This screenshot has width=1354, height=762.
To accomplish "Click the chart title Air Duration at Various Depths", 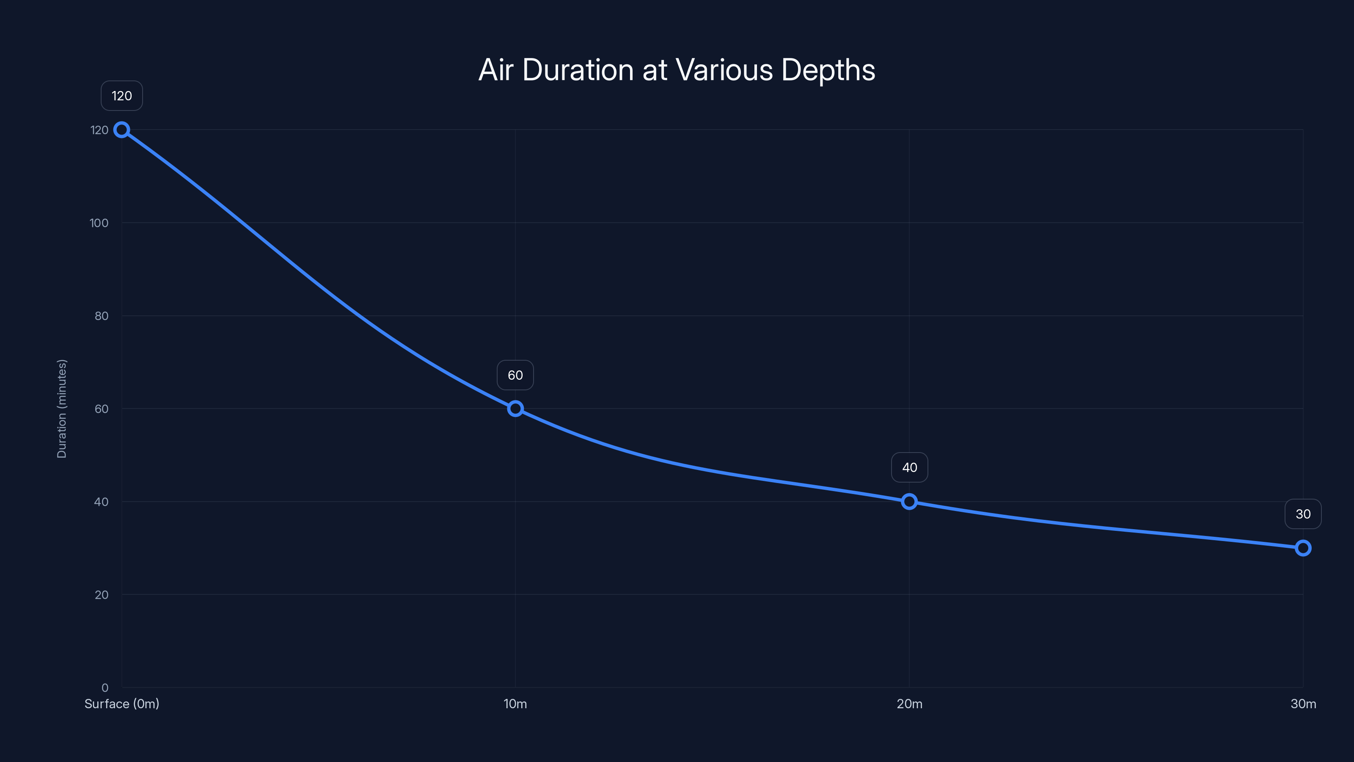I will click(677, 70).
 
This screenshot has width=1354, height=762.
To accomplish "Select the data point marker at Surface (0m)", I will click(122, 130).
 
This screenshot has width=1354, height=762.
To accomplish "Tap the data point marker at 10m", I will click(515, 409).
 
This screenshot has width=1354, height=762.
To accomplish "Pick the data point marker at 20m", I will click(909, 502).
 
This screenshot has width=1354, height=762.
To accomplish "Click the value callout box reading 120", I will click(122, 96).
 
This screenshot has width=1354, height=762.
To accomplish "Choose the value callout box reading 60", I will click(515, 375).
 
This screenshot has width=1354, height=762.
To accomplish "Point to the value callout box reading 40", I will click(909, 467).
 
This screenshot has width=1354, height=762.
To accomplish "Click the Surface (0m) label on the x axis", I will click(122, 704).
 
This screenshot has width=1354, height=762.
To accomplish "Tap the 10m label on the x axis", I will click(515, 704).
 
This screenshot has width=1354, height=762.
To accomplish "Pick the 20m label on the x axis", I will click(909, 704).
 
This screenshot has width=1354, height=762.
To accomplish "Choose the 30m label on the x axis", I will click(1303, 704).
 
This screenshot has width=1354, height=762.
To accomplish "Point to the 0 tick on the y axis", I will click(105, 687).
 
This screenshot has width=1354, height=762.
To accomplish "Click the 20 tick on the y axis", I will click(102, 595).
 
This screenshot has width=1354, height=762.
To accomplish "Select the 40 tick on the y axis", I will click(102, 502).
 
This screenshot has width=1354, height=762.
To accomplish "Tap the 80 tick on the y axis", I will click(102, 316).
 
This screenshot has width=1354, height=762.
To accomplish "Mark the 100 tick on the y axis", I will click(99, 223).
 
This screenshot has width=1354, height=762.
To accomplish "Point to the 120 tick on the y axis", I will click(99, 130).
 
